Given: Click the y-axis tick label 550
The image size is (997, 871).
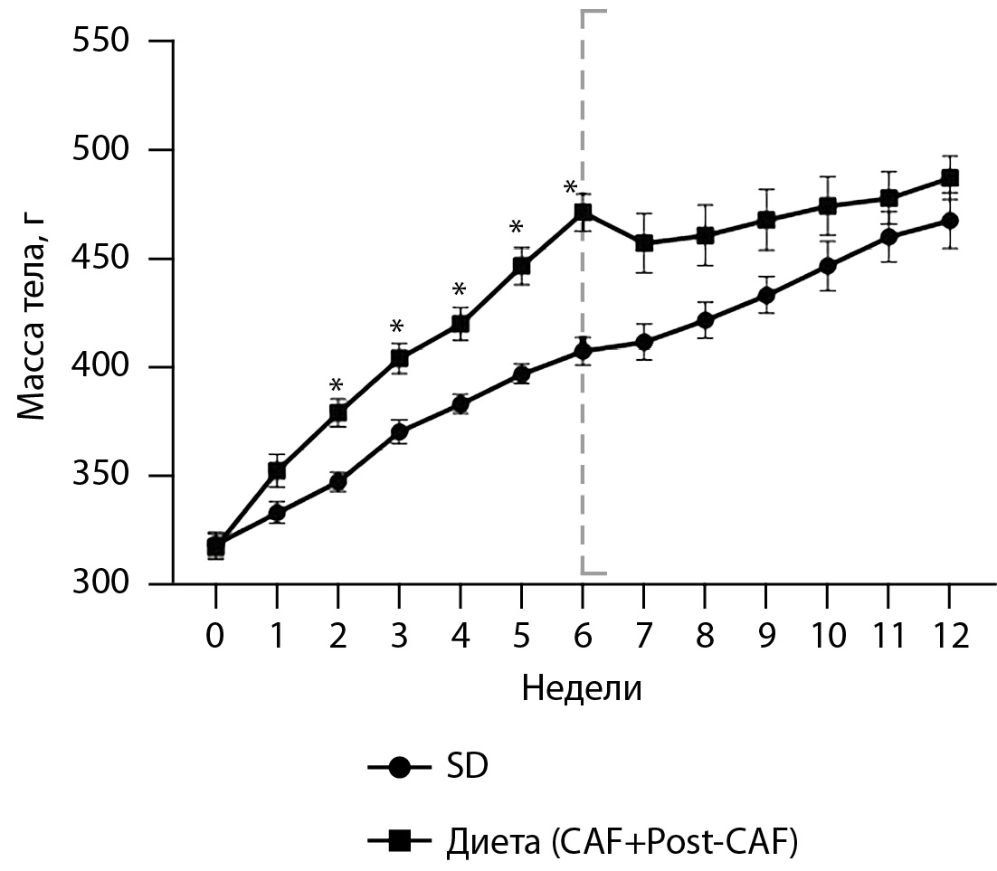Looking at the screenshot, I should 101,43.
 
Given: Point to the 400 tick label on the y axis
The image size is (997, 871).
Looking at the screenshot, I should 101,367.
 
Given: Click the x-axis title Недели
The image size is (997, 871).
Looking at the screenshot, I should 582,689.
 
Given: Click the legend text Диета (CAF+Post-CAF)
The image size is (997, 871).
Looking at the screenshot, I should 622,842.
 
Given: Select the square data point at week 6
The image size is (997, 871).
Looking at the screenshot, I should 583,213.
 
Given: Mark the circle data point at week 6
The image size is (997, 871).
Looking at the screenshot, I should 583,351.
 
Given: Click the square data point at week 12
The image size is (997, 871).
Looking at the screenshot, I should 948,178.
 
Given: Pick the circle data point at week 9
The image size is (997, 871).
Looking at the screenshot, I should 765,296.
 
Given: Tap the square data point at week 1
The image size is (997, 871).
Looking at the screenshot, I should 277,470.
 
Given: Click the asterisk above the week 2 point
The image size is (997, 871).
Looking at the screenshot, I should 337,385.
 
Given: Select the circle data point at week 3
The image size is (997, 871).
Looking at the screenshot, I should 399,432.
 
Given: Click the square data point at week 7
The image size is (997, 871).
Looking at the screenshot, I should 643,243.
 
